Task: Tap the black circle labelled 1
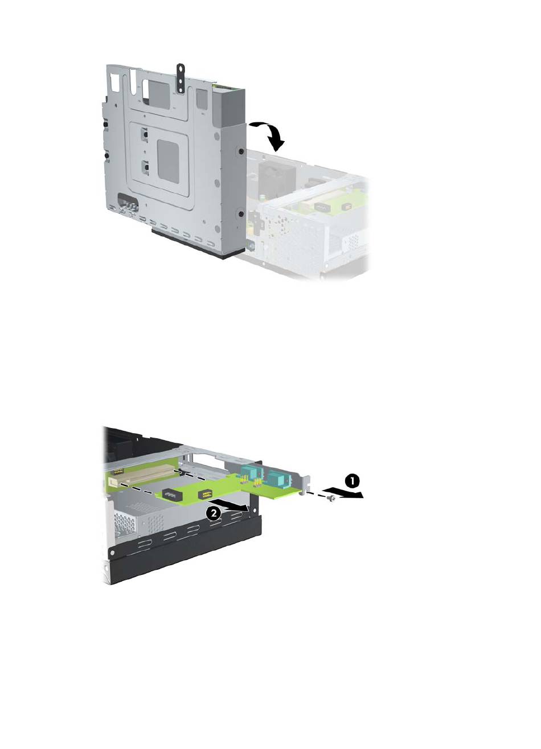tap(351, 481)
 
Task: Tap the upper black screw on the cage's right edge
tap(241, 151)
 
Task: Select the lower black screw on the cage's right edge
tap(241, 213)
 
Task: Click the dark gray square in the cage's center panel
tap(169, 162)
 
